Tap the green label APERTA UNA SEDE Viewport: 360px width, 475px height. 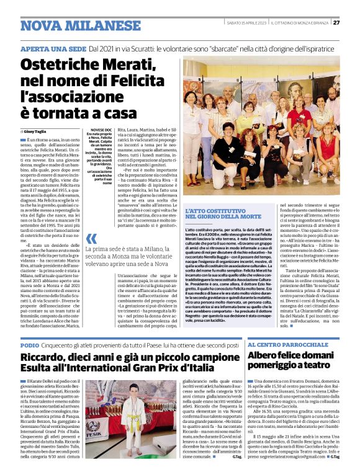[52, 48]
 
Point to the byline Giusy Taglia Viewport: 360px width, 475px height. [38, 133]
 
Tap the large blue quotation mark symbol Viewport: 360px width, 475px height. [92, 239]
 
